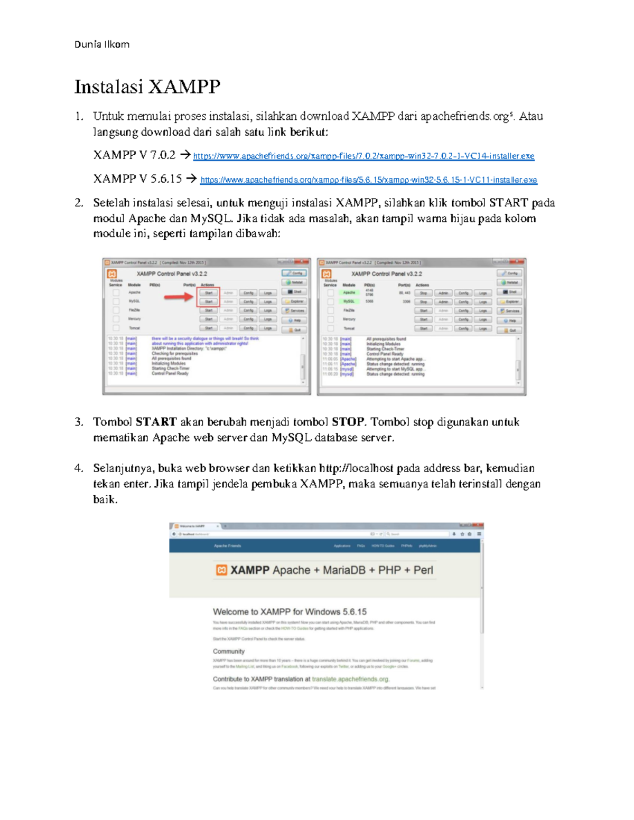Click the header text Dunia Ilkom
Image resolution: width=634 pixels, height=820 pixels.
click(x=101, y=44)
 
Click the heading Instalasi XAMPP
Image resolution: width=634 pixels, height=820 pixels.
click(x=147, y=87)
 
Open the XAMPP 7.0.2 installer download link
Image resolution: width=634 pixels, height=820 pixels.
click(x=363, y=156)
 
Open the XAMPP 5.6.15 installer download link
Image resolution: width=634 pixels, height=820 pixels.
click(x=368, y=180)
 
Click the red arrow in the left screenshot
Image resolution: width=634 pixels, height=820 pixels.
click(x=178, y=298)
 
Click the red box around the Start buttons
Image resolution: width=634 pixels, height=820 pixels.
click(x=208, y=297)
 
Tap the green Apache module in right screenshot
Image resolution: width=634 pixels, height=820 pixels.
click(x=349, y=293)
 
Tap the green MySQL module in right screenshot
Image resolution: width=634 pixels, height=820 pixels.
click(x=349, y=301)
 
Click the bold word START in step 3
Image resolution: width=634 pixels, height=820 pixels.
click(x=156, y=422)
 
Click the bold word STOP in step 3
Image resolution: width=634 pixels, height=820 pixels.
click(x=348, y=422)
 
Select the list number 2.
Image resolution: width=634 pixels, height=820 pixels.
click(x=79, y=203)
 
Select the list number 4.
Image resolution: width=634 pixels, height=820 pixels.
click(x=79, y=468)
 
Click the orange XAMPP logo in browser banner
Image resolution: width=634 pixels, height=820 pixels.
click(x=222, y=570)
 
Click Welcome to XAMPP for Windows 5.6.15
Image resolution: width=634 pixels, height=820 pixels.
click(x=290, y=612)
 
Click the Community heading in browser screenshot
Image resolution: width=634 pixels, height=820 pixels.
click(x=229, y=652)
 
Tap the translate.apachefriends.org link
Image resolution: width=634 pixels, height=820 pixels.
click(x=350, y=680)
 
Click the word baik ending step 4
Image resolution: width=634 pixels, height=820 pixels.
click(x=105, y=499)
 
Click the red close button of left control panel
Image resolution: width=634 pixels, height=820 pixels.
click(x=303, y=262)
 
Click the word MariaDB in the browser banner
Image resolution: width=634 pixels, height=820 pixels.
click(x=343, y=570)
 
